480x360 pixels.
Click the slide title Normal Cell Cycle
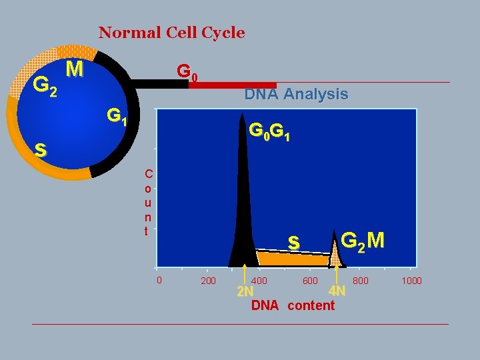pos(171,32)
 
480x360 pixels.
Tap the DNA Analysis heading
pos(296,95)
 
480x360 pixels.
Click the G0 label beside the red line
pos(186,71)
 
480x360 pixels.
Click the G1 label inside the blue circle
pos(119,117)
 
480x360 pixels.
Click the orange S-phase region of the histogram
pos(293,259)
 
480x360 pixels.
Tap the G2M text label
pos(362,239)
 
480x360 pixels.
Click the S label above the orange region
pos(293,243)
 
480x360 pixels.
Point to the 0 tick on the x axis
pos(159,280)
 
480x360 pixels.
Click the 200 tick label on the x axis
pos(208,281)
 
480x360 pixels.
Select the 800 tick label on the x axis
pos(361,281)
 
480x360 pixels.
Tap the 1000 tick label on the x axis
pos(411,281)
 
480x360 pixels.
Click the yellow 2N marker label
pos(245,293)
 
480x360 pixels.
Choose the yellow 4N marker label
pos(337,291)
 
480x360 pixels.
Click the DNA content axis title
pos(293,305)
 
